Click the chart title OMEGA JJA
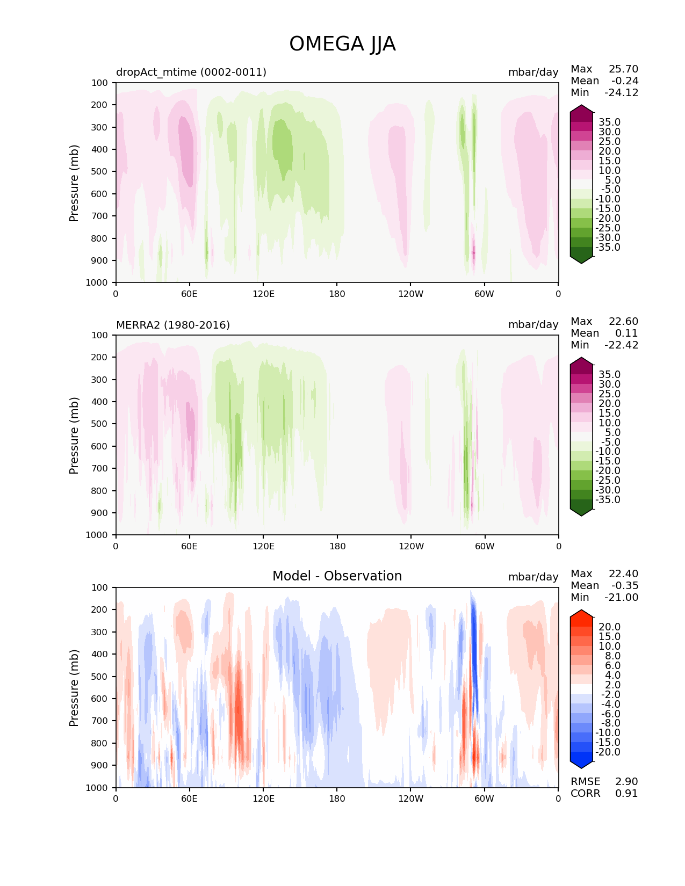342,44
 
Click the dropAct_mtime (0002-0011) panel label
191,72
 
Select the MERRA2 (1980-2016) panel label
173,325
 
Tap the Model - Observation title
337,576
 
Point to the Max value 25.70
623,69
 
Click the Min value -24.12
621,93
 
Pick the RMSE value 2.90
626,782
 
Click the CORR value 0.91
626,794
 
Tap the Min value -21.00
621,598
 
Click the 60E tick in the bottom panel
189,798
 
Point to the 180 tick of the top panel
337,294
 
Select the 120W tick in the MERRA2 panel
411,546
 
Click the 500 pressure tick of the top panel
100,172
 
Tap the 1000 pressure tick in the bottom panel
98,788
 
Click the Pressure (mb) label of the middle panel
74,435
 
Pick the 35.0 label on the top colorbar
609,122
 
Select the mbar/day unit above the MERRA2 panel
533,325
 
